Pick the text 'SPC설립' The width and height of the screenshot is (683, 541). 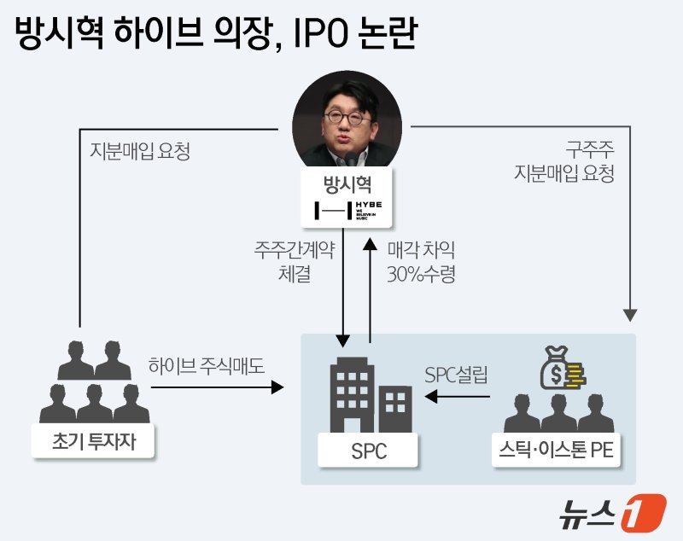pyautogui.click(x=457, y=375)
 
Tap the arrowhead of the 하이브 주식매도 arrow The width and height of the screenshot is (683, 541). pyautogui.click(x=278, y=387)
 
